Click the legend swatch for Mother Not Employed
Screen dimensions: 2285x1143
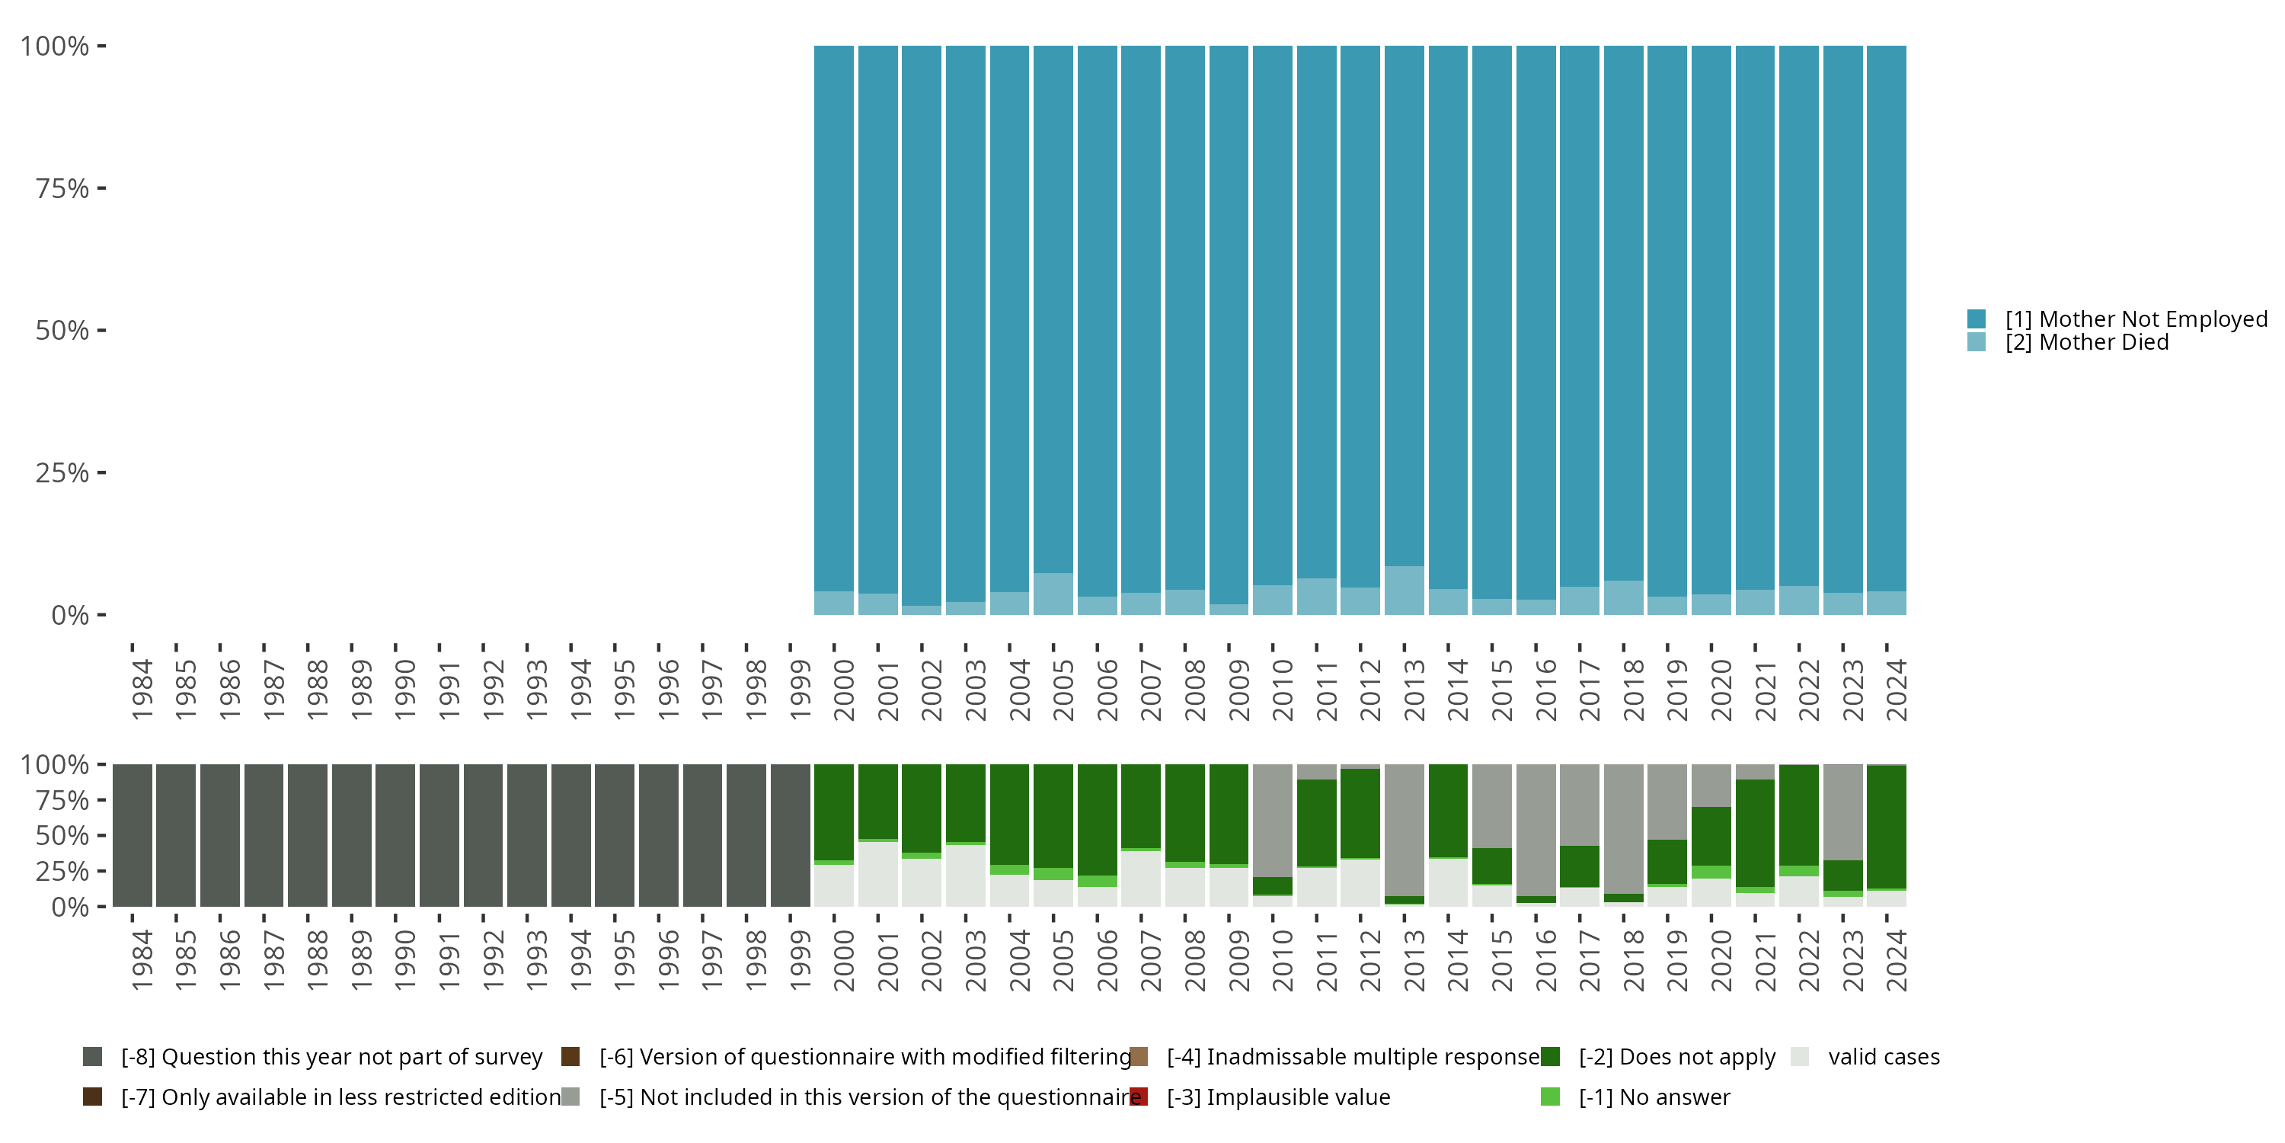1977,319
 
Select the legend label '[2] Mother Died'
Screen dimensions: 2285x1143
2086,343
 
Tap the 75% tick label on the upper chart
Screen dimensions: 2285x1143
62,188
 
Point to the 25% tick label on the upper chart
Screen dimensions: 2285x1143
62,472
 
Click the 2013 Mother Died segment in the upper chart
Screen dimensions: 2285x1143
1405,590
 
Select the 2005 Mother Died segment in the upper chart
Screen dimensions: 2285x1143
1053,594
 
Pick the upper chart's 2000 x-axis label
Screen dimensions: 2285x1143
844,690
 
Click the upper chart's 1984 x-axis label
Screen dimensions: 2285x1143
142,690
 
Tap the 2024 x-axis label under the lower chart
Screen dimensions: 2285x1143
1897,961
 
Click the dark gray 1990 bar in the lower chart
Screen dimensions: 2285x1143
395,835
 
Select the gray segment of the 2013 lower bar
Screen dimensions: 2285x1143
1405,830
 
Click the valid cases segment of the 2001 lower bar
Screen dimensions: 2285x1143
877,874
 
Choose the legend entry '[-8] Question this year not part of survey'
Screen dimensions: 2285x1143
312,1057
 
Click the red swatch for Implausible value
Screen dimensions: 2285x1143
1139,1097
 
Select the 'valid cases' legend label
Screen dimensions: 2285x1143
1884,1057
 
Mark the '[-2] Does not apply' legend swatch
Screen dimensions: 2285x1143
1551,1057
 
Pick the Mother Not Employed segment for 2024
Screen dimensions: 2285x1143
1886,319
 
